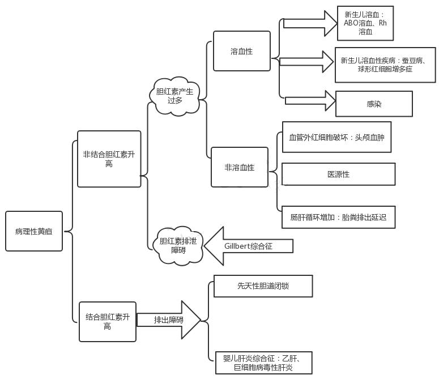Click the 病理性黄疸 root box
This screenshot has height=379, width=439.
[x=34, y=231]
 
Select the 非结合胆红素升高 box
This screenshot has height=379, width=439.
[x=109, y=159]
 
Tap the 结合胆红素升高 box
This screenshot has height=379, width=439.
[x=108, y=322]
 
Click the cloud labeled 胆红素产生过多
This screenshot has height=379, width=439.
[x=175, y=96]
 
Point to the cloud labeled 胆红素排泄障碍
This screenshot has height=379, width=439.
[x=178, y=245]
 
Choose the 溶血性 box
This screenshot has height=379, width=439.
[x=242, y=52]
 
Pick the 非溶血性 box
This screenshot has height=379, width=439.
[x=240, y=168]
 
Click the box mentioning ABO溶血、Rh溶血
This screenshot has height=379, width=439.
[x=365, y=23]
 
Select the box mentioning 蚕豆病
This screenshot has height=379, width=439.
[x=385, y=65]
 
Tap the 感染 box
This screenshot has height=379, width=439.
[x=374, y=104]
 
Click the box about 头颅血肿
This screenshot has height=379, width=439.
[x=336, y=137]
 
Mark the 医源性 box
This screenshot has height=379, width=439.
[x=338, y=174]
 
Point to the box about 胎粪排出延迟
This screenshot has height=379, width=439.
[x=338, y=217]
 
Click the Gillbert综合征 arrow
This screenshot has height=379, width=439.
[x=248, y=246]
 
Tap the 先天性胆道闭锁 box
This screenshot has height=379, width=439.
[x=263, y=286]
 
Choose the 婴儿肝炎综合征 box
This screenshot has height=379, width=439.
[x=263, y=363]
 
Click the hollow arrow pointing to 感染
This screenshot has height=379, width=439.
[x=311, y=101]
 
